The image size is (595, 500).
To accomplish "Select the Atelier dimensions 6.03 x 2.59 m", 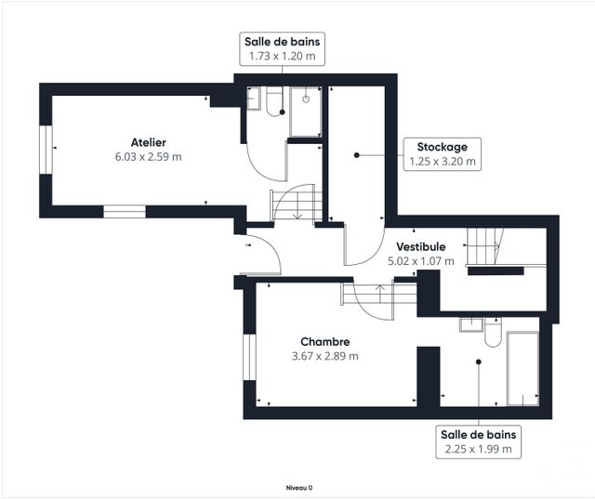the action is (x=149, y=157).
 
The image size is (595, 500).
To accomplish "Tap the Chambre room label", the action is (x=324, y=342).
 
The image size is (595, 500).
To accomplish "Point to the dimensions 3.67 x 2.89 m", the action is (x=324, y=356).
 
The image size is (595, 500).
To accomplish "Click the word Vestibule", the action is (x=421, y=247).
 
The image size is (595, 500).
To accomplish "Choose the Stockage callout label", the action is (x=443, y=147).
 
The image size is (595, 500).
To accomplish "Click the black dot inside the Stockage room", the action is (x=356, y=155).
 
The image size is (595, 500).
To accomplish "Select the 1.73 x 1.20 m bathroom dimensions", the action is (x=282, y=56).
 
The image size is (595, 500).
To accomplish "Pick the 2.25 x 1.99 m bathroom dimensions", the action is (x=478, y=449).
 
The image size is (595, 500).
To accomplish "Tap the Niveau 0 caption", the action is (x=299, y=488).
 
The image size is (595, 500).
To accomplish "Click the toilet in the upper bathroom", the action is (x=273, y=101).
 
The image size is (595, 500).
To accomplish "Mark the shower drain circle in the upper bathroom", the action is (x=306, y=99).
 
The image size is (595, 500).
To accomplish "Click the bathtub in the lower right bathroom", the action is (x=522, y=369).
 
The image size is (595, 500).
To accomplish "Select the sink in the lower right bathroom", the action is (x=471, y=324).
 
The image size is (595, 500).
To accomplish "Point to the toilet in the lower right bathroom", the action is (x=493, y=333).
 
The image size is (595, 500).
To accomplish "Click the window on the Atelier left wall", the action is (x=46, y=150).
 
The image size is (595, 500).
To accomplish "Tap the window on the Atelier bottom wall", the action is (x=125, y=212).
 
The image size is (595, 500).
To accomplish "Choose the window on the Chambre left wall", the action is (x=249, y=357).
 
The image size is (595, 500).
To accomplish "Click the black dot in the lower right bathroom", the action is (x=479, y=362).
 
